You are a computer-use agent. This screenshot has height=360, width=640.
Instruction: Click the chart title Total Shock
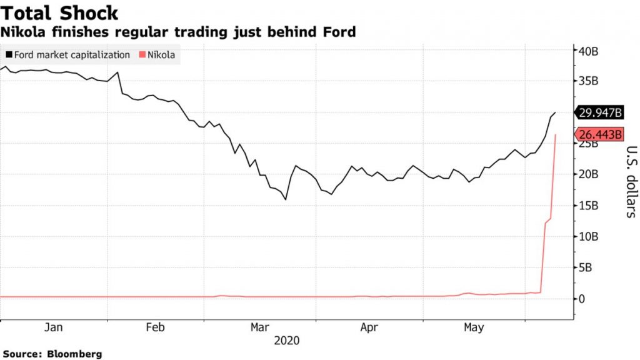[x=61, y=14]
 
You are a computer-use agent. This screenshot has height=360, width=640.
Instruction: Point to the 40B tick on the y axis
[x=589, y=51]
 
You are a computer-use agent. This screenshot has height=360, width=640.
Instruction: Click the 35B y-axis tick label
[x=589, y=81]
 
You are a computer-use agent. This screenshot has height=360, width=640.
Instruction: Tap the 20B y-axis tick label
[x=589, y=174]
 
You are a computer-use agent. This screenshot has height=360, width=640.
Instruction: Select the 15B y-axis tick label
[x=589, y=206]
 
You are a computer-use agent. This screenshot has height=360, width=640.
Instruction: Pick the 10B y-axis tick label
[x=589, y=236]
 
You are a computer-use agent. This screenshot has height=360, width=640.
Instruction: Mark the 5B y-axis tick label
[x=586, y=267]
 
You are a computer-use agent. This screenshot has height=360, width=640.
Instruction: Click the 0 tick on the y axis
[x=581, y=299]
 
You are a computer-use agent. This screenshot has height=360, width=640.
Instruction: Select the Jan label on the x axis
[x=53, y=327]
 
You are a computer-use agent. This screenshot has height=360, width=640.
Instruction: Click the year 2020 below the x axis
[x=287, y=341]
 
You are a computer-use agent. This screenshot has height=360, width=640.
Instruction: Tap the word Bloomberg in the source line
[x=74, y=354]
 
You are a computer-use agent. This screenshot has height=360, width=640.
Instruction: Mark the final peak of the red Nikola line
[x=556, y=134]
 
